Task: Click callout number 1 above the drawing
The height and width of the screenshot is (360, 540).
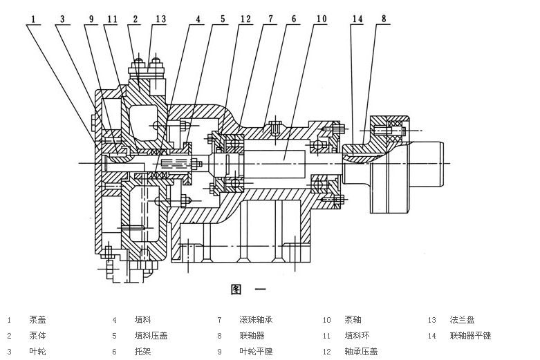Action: click(32, 19)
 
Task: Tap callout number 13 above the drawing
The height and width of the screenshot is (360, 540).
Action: click(160, 19)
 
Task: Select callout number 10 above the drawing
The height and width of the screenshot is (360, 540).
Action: click(321, 19)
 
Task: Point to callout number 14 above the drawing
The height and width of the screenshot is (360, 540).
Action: click(357, 19)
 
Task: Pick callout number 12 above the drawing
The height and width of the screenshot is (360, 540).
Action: click(245, 19)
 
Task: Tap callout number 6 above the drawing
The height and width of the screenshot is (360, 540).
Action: click(294, 19)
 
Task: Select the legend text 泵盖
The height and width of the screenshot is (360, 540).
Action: click(37, 320)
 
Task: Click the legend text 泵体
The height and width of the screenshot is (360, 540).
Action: click(37, 336)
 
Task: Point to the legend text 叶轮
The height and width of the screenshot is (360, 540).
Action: click(37, 352)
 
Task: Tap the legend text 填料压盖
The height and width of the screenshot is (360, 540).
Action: click(151, 336)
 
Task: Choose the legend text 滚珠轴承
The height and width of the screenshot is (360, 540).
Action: click(256, 320)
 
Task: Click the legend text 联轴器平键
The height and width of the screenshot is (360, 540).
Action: click(470, 336)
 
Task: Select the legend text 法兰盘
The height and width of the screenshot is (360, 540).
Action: click(462, 320)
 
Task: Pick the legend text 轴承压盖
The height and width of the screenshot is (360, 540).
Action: click(361, 352)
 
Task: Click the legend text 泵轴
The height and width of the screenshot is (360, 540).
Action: click(353, 320)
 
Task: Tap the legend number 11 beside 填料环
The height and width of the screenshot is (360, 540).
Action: click(326, 336)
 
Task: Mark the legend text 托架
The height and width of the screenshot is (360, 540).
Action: click(142, 352)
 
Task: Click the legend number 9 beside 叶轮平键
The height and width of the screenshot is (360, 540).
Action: click(219, 352)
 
